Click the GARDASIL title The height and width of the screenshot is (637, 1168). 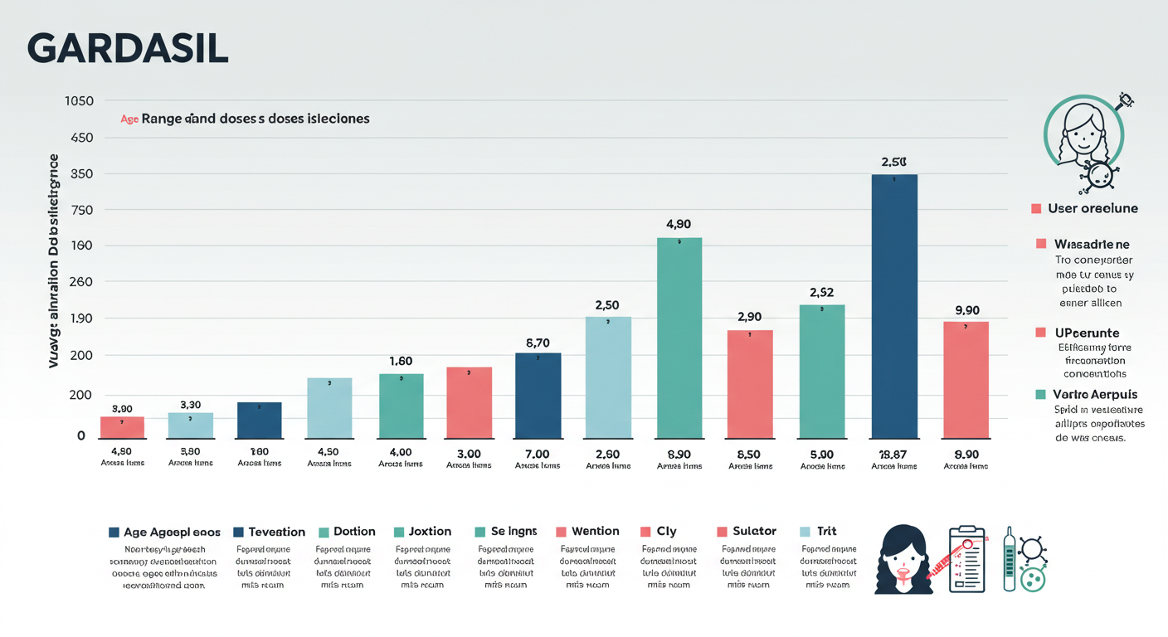[x=127, y=50]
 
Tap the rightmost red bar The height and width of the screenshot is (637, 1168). [x=966, y=379]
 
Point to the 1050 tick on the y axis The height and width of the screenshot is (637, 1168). [x=79, y=101]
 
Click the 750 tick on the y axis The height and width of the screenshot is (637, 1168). [x=81, y=210]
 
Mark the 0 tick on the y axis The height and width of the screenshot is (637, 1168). [x=81, y=435]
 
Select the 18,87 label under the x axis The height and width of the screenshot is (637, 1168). [x=894, y=454]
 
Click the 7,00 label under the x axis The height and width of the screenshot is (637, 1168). [x=537, y=454]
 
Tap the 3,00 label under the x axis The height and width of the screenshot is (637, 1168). [x=469, y=454]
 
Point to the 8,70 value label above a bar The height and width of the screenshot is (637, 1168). [x=538, y=343]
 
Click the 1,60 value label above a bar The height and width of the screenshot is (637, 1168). [x=401, y=361]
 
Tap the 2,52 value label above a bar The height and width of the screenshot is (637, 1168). [x=821, y=292]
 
